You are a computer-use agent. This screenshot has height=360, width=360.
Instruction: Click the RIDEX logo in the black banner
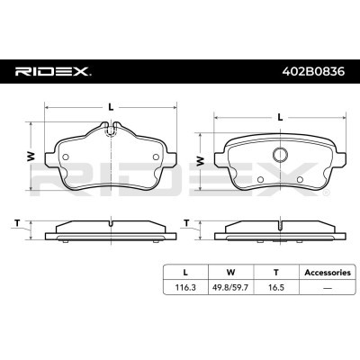click(53, 71)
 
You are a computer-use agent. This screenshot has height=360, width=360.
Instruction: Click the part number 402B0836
click(313, 71)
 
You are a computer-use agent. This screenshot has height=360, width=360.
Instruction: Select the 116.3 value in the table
click(185, 287)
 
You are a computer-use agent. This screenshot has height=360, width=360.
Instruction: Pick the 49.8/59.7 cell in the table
click(230, 287)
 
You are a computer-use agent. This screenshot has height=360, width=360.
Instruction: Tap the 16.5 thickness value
click(276, 287)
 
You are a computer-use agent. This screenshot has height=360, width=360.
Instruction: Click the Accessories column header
click(328, 273)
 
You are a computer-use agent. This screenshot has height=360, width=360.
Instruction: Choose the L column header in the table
click(185, 273)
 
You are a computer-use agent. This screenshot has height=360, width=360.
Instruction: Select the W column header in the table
click(230, 273)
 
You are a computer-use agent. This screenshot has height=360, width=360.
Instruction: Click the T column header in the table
click(276, 273)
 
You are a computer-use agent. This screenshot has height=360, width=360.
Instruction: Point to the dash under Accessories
click(328, 288)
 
